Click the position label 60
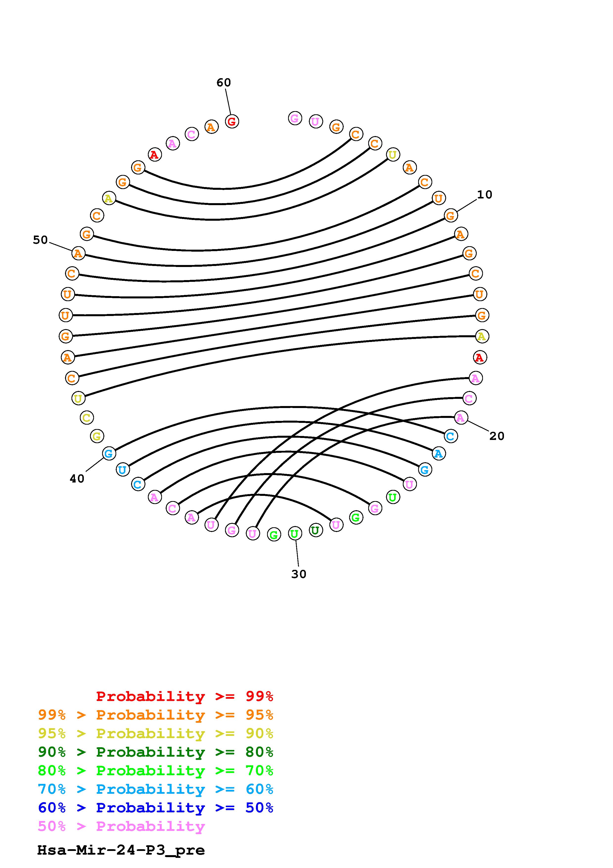(x=223, y=82)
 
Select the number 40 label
(x=77, y=479)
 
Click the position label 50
(x=40, y=240)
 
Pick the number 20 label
(x=497, y=436)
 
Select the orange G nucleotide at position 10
(x=451, y=216)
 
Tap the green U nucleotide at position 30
(x=295, y=533)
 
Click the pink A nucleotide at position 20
(x=460, y=417)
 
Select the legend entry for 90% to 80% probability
(x=156, y=752)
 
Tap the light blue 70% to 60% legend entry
(x=156, y=789)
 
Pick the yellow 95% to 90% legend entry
(x=156, y=733)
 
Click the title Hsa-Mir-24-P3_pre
(x=121, y=850)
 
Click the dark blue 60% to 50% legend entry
(x=156, y=808)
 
